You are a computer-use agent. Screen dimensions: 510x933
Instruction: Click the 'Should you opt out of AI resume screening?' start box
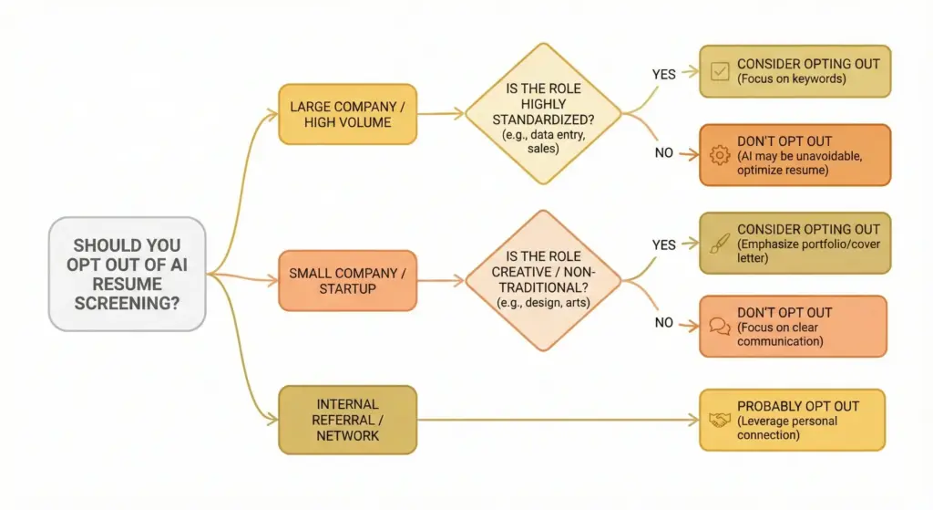point(127,274)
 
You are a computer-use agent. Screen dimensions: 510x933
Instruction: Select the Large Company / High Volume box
point(347,114)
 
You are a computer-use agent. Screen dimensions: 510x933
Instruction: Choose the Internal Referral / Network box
point(347,420)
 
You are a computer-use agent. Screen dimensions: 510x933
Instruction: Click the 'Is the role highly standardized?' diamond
point(543,114)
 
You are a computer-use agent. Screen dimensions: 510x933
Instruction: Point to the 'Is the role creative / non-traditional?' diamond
point(543,281)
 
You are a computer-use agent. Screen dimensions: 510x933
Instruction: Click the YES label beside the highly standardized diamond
point(663,74)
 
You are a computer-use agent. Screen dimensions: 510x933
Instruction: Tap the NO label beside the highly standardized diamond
point(663,152)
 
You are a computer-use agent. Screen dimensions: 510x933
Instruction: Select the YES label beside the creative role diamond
point(664,245)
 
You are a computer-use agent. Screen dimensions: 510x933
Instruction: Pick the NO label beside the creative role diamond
point(663,322)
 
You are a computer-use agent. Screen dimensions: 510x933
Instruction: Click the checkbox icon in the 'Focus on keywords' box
point(719,71)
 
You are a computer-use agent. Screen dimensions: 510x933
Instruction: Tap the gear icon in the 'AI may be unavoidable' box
point(719,156)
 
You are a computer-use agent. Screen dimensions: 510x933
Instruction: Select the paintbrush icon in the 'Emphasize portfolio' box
point(719,243)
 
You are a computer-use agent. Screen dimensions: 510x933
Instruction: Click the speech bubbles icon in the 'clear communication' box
point(719,327)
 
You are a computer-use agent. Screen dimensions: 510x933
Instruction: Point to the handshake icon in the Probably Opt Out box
point(719,420)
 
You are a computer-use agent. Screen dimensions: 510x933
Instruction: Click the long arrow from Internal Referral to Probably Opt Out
point(556,421)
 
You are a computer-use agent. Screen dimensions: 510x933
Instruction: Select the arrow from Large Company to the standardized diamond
point(440,114)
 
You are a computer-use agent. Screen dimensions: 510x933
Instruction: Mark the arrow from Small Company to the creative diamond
point(440,281)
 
